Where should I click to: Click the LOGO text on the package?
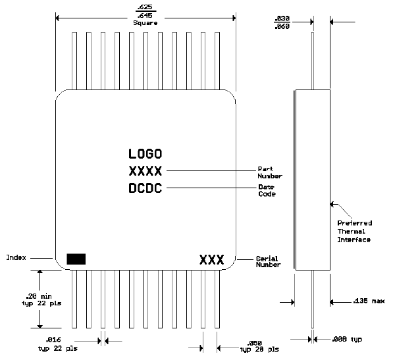coord(145,155)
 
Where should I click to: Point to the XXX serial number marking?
coord(212,259)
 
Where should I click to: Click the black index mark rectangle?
coord(76,259)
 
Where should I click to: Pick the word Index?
coord(16,257)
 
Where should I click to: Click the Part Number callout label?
coord(269,172)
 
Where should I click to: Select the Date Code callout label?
coord(267,191)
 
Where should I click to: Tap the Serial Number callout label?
coord(268,262)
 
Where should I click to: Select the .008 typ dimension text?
coord(348,340)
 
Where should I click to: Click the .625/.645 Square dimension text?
coord(145,14)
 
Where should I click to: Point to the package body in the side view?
coord(313,179)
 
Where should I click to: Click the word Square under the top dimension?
coord(145,23)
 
